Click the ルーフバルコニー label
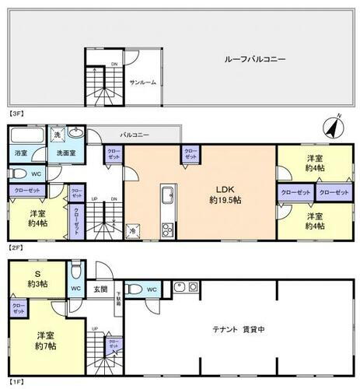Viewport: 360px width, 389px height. point(255,59)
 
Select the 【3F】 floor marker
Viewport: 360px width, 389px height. point(16,114)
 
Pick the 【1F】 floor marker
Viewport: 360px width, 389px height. point(16,383)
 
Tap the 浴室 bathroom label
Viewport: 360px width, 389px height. point(21,153)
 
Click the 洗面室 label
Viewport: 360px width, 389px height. point(66,153)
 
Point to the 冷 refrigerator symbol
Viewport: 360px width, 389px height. point(133,231)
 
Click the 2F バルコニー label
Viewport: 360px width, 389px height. point(135,135)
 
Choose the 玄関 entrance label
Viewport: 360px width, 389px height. point(101,289)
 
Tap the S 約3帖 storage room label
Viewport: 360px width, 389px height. point(36,277)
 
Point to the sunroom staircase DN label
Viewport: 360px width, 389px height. point(114,65)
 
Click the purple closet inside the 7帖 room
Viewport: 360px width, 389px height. point(18,309)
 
